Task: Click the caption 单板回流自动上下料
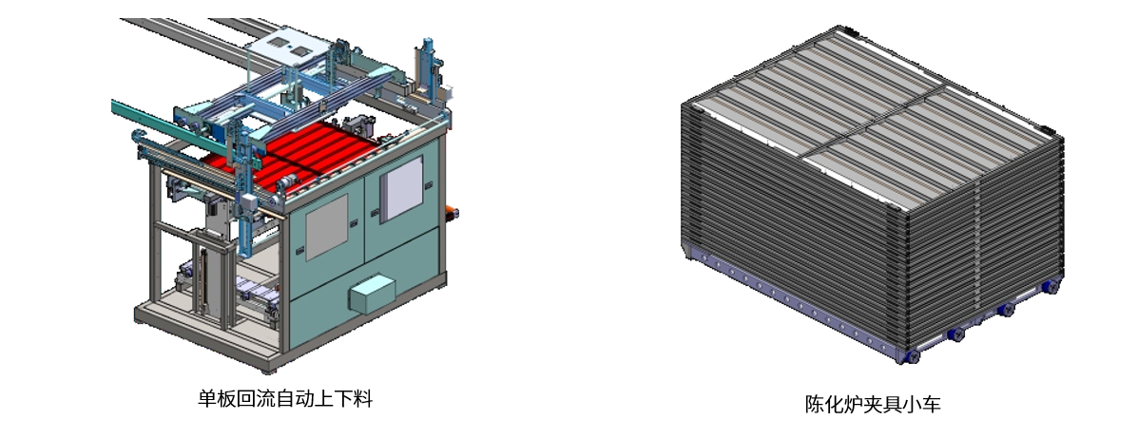[x=284, y=398]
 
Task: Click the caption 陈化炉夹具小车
[x=873, y=404]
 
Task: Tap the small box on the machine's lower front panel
[x=373, y=293]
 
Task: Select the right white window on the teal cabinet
[x=401, y=188]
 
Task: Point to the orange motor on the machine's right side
[x=452, y=213]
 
